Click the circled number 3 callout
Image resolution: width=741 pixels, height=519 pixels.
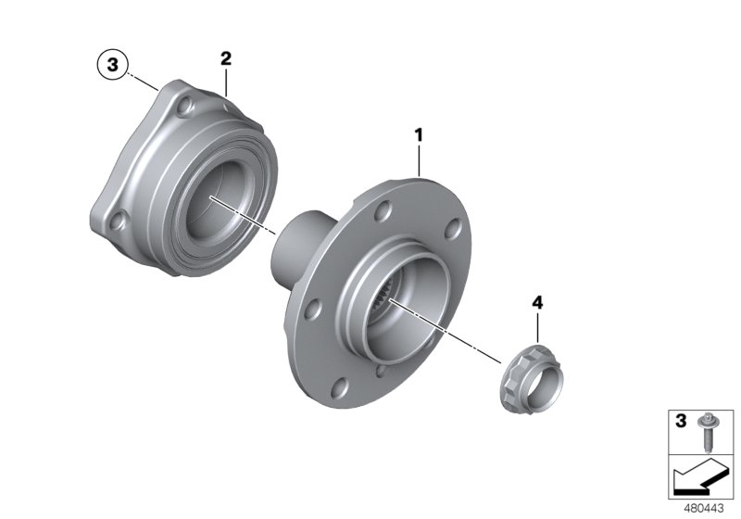[x=113, y=65]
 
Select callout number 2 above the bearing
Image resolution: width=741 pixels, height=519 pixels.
[x=225, y=58]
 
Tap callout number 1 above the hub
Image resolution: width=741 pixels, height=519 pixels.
[x=419, y=135]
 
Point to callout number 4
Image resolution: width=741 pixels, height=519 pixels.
[x=537, y=303]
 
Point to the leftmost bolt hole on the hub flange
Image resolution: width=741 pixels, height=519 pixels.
[x=316, y=310]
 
